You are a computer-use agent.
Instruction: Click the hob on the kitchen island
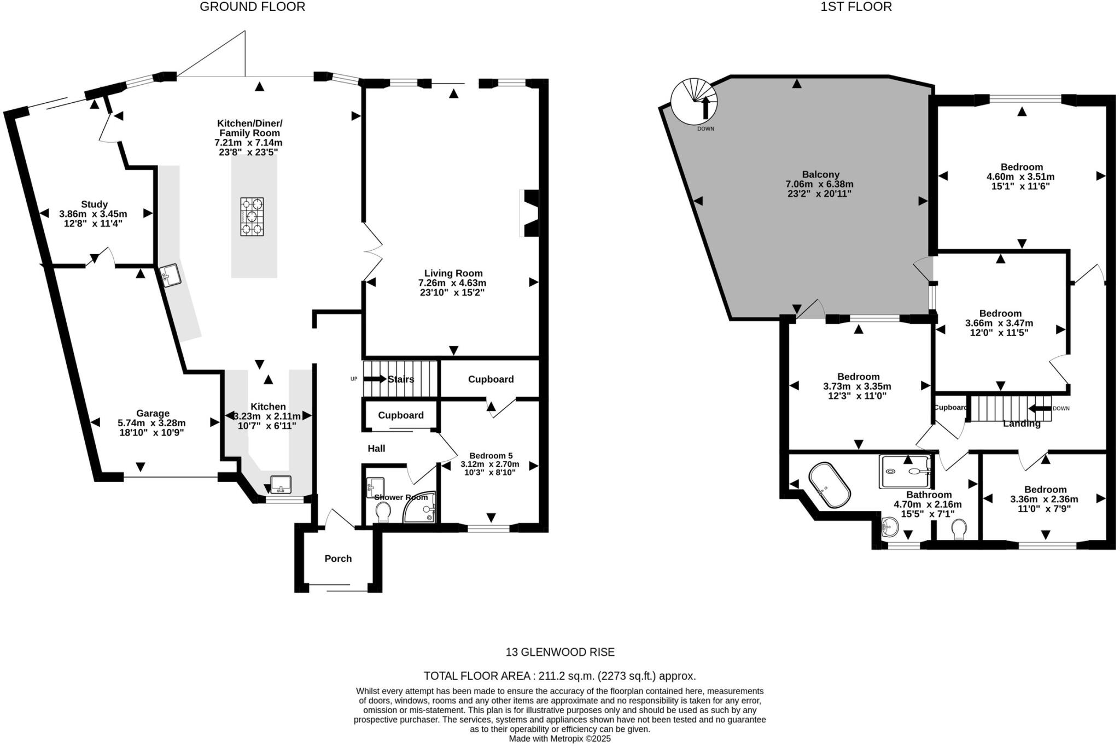click(252, 216)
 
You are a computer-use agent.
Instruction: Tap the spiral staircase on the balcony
click(694, 101)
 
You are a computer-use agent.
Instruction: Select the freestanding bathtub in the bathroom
click(830, 485)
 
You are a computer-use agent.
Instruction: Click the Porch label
click(338, 559)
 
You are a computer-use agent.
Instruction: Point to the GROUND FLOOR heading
click(252, 7)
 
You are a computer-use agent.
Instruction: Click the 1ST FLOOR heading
click(856, 7)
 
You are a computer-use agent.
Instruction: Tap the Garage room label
click(153, 413)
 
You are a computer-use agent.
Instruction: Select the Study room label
click(94, 204)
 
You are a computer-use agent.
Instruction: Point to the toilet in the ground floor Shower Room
click(383, 512)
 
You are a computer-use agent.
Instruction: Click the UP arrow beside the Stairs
click(375, 379)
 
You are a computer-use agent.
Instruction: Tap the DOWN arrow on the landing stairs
click(1040, 408)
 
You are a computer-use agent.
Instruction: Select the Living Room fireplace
click(530, 213)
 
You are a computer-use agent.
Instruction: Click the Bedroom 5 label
click(491, 455)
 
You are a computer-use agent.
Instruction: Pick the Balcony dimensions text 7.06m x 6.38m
click(819, 184)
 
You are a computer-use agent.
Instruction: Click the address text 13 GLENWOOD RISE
click(559, 652)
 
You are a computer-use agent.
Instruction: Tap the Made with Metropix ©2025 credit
click(559, 739)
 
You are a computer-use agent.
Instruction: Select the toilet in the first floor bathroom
click(958, 529)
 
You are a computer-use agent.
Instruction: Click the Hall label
click(376, 448)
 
